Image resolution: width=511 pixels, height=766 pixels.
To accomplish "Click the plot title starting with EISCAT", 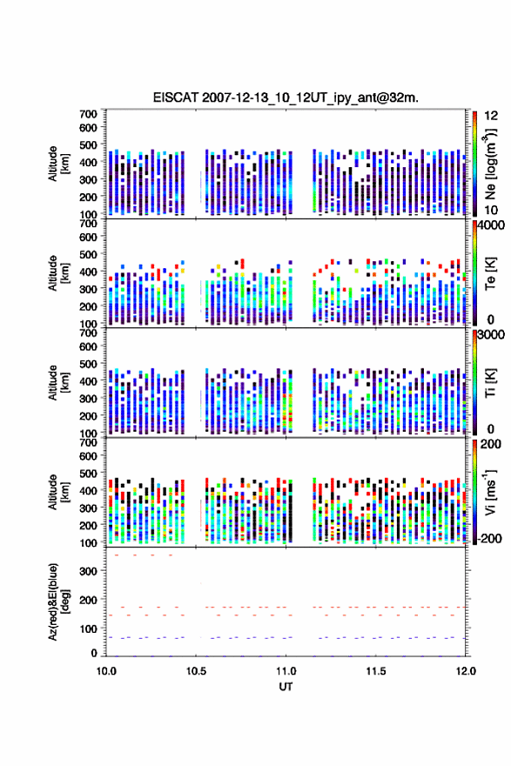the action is click(286, 97).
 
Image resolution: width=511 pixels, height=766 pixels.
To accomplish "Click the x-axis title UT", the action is click(286, 687).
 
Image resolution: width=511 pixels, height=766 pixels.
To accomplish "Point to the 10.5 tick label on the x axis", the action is click(196, 671).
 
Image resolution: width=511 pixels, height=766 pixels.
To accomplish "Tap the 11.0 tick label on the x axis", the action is click(286, 671).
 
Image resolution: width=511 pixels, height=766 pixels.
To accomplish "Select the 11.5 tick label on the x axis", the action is click(376, 671).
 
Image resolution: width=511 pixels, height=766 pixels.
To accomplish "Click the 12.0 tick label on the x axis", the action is click(466, 671).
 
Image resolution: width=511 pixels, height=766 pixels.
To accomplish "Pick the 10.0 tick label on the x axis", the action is click(106, 671).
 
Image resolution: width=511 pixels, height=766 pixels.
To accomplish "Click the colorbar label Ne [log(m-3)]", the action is click(490, 165).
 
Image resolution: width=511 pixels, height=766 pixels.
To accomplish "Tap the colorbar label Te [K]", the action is click(490, 273).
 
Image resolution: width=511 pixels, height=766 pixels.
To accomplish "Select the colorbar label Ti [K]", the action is click(490, 382).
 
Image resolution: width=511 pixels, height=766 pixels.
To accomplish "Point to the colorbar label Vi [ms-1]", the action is click(490, 492).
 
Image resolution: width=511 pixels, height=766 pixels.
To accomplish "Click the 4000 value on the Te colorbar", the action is click(491, 225).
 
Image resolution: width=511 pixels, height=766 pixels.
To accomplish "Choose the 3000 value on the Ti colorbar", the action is click(491, 334).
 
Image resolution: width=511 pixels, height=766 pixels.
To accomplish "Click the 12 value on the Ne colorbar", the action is click(491, 116).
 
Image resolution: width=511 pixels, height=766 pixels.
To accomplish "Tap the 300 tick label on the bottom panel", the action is click(89, 571).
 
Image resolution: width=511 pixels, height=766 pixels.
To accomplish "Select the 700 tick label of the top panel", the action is click(89, 114).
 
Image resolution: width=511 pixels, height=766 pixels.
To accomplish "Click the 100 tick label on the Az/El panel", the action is click(89, 628).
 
